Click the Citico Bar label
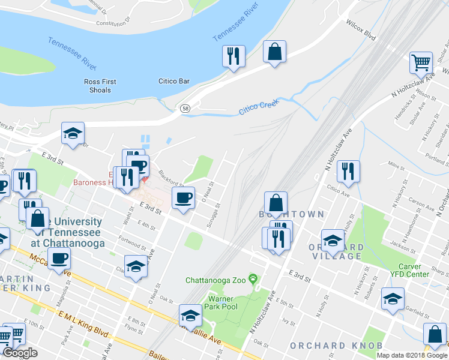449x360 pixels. click(x=173, y=81)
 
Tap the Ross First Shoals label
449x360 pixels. click(x=100, y=86)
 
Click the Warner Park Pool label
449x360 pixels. click(x=223, y=302)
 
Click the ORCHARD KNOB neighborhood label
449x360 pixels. click(x=327, y=346)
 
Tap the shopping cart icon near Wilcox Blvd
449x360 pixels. click(x=421, y=62)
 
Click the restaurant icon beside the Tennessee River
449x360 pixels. click(x=232, y=56)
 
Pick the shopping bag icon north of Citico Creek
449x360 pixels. click(x=274, y=52)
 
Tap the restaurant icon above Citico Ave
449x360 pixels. click(x=348, y=171)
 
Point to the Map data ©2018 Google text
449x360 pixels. click(x=412, y=355)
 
